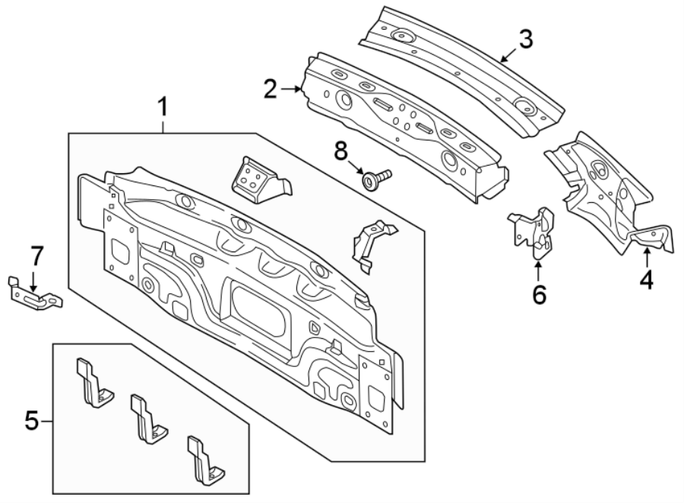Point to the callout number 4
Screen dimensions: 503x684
[x=646, y=280]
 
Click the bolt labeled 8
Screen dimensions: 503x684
[x=375, y=179]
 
